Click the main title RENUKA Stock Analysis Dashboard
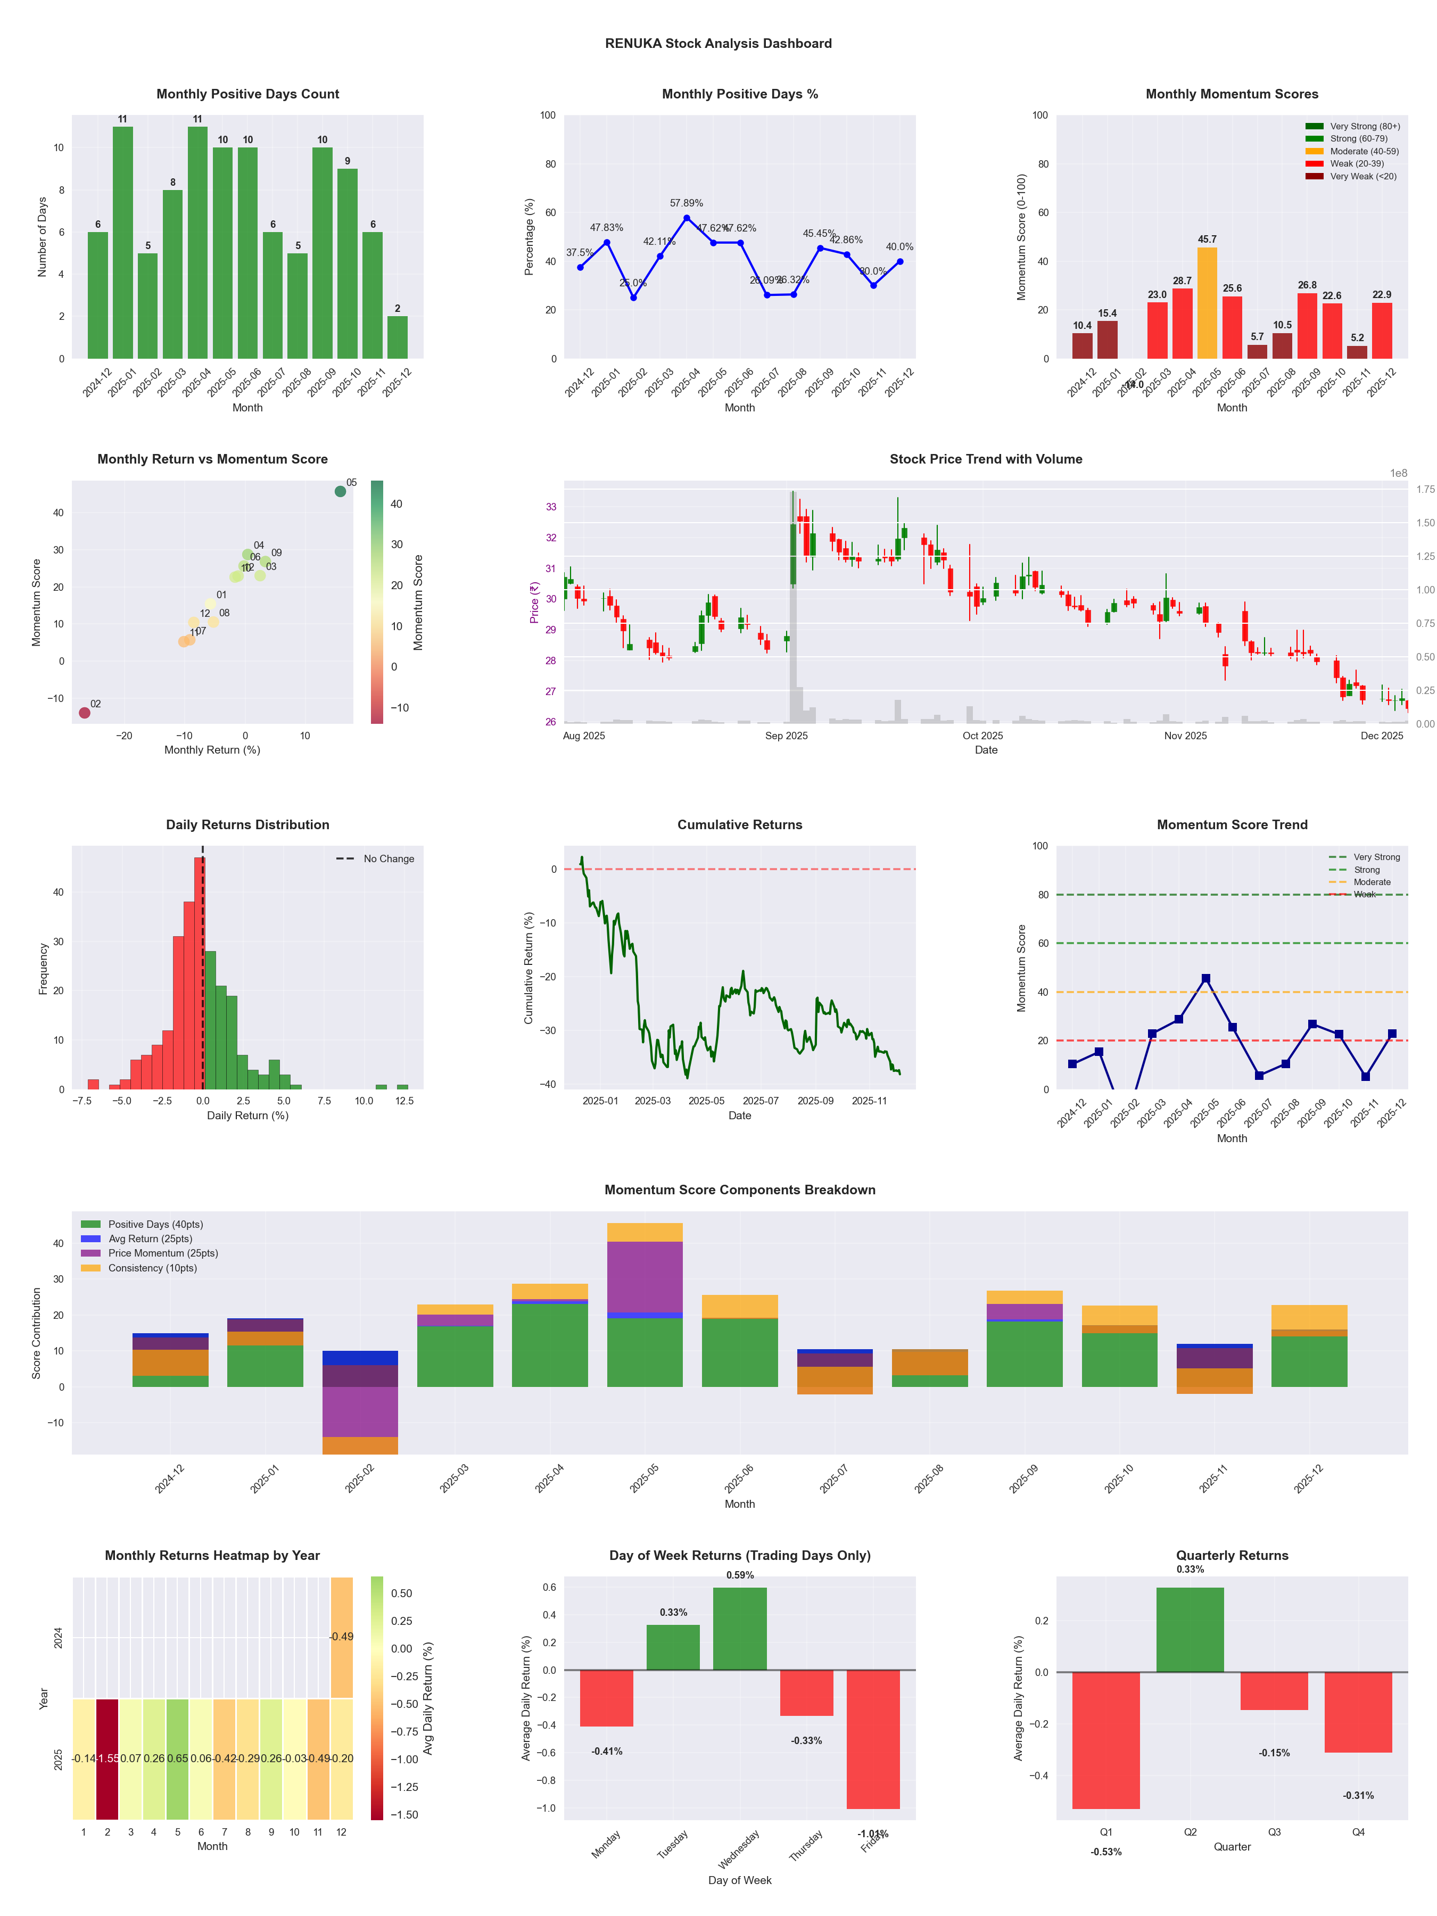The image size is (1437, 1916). click(x=718, y=43)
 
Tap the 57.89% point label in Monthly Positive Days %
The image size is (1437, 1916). click(x=686, y=203)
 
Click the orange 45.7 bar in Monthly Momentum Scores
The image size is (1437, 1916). click(x=1207, y=303)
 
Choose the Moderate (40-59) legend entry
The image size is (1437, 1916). click(x=1364, y=152)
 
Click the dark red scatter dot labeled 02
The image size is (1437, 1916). click(x=84, y=713)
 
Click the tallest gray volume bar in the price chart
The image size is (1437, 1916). click(x=792, y=606)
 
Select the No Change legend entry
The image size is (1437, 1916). click(x=388, y=859)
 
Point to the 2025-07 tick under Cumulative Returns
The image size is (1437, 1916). click(x=761, y=1101)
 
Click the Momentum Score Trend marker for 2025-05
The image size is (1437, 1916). click(x=1205, y=979)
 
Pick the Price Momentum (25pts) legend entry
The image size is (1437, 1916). click(x=163, y=1253)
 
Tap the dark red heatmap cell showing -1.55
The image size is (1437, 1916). click(x=108, y=1759)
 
